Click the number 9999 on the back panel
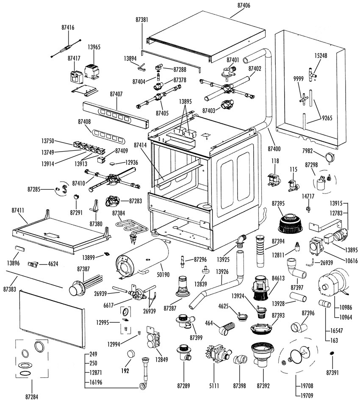(x=298, y=79)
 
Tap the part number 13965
(x=94, y=47)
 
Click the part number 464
(x=209, y=324)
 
